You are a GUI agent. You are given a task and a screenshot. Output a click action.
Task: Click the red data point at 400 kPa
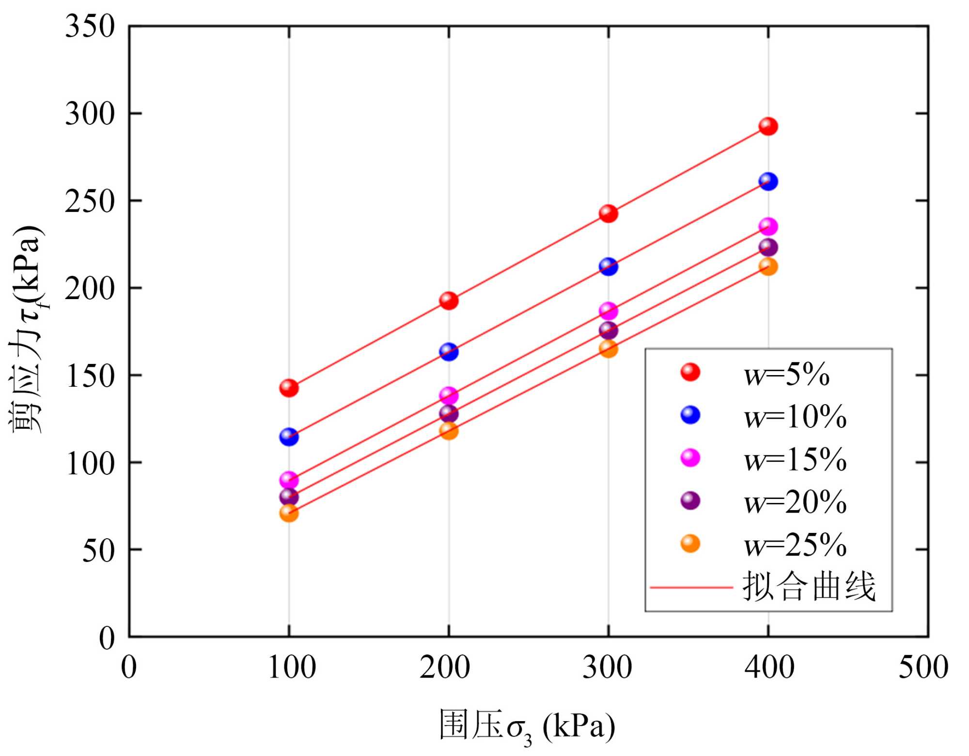tap(768, 127)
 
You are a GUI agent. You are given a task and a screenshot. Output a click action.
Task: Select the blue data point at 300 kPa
tap(608, 267)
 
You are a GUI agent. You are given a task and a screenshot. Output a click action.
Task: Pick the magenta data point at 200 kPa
tap(449, 396)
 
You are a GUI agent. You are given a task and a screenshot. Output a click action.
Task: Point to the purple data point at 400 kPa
tap(768, 247)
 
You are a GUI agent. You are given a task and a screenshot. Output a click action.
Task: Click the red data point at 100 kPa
tap(289, 388)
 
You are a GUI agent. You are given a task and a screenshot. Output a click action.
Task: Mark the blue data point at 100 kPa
tap(289, 437)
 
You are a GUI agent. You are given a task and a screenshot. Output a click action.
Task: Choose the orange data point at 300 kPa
tap(608, 348)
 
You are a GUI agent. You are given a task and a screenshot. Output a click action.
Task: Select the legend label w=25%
tap(795, 545)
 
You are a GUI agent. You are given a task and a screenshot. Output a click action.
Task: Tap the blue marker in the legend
tap(690, 415)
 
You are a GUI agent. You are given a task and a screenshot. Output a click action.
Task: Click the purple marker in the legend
tap(690, 500)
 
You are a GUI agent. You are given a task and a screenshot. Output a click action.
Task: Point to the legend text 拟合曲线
tap(809, 587)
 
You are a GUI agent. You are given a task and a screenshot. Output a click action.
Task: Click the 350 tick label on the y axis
tap(90, 27)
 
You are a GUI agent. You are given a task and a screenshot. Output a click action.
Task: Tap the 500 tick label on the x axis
tap(923, 667)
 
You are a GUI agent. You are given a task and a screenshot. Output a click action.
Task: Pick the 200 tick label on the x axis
tap(444, 667)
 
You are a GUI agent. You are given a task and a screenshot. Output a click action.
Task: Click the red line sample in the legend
tap(691, 588)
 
